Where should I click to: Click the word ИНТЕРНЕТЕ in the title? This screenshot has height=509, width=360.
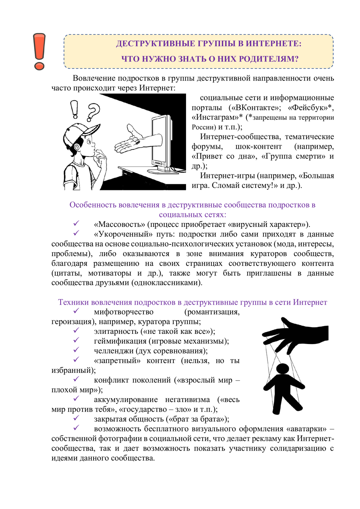click(273, 44)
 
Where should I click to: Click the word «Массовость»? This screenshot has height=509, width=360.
click(120, 224)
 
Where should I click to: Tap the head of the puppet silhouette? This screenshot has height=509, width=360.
click(282, 369)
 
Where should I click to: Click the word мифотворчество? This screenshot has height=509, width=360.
click(124, 312)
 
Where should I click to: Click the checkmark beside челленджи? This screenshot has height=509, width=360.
click(76, 350)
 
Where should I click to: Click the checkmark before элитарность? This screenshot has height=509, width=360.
click(76, 331)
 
